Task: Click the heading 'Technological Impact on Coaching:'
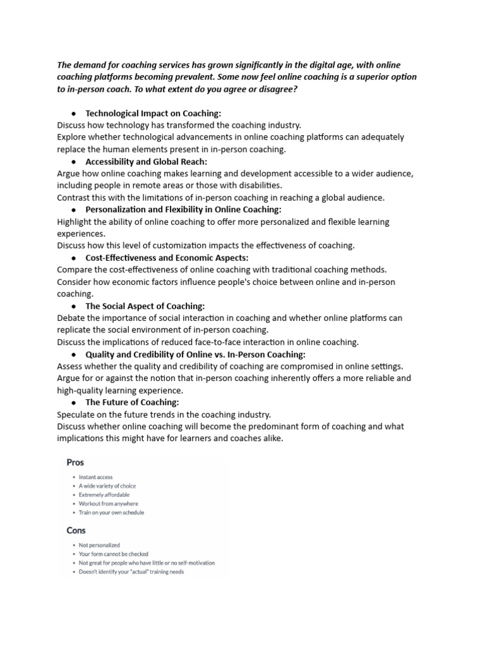(x=153, y=113)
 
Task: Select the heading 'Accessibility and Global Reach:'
(x=146, y=161)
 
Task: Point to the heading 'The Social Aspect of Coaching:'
(x=145, y=306)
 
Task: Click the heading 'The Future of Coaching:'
(x=132, y=402)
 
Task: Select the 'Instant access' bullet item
(x=96, y=477)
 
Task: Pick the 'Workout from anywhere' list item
(x=108, y=504)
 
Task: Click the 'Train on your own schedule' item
(x=111, y=512)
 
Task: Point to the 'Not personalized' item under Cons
(x=99, y=545)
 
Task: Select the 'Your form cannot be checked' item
(x=113, y=553)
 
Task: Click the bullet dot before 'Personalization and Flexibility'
(x=74, y=210)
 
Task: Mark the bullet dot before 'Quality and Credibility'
(x=74, y=354)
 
